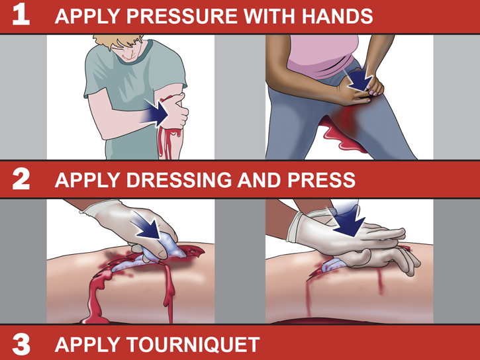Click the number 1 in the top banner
click(x=21, y=15)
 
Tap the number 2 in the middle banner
click(x=21, y=179)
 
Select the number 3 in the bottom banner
click(x=21, y=344)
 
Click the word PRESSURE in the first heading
click(x=182, y=16)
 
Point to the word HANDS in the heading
click(x=337, y=16)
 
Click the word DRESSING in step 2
click(x=179, y=179)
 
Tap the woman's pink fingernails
click(x=373, y=92)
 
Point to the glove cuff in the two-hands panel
click(x=295, y=227)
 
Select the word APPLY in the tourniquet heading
click(x=87, y=345)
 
